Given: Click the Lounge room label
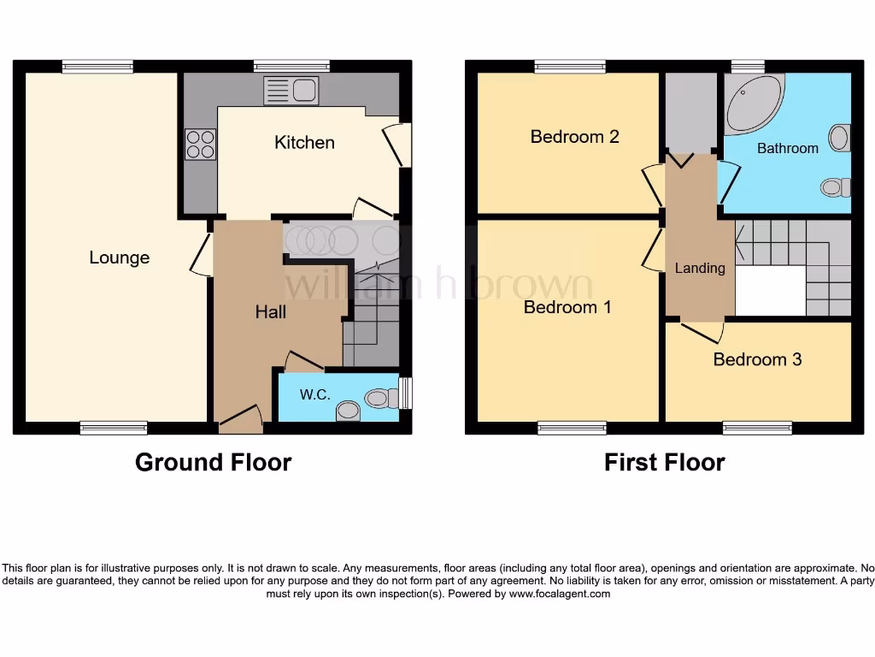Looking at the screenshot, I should click(x=119, y=257).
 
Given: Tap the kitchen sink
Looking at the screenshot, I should click(x=291, y=90).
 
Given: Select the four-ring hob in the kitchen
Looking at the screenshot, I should click(x=200, y=143).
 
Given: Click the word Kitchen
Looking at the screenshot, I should click(x=304, y=142).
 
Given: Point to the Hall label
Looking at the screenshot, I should click(x=270, y=312).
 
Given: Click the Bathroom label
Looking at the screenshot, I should click(x=787, y=148).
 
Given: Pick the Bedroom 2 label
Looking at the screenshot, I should click(x=574, y=137).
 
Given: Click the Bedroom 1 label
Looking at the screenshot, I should click(x=567, y=307).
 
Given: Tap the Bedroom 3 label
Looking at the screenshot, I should click(x=757, y=359).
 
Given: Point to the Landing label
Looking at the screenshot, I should click(x=700, y=268).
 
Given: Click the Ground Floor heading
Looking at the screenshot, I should click(x=213, y=463).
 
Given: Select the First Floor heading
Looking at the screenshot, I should click(x=664, y=463).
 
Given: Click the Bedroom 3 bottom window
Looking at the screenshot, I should click(x=757, y=427).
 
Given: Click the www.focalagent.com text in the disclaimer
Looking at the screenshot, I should click(x=560, y=594).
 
